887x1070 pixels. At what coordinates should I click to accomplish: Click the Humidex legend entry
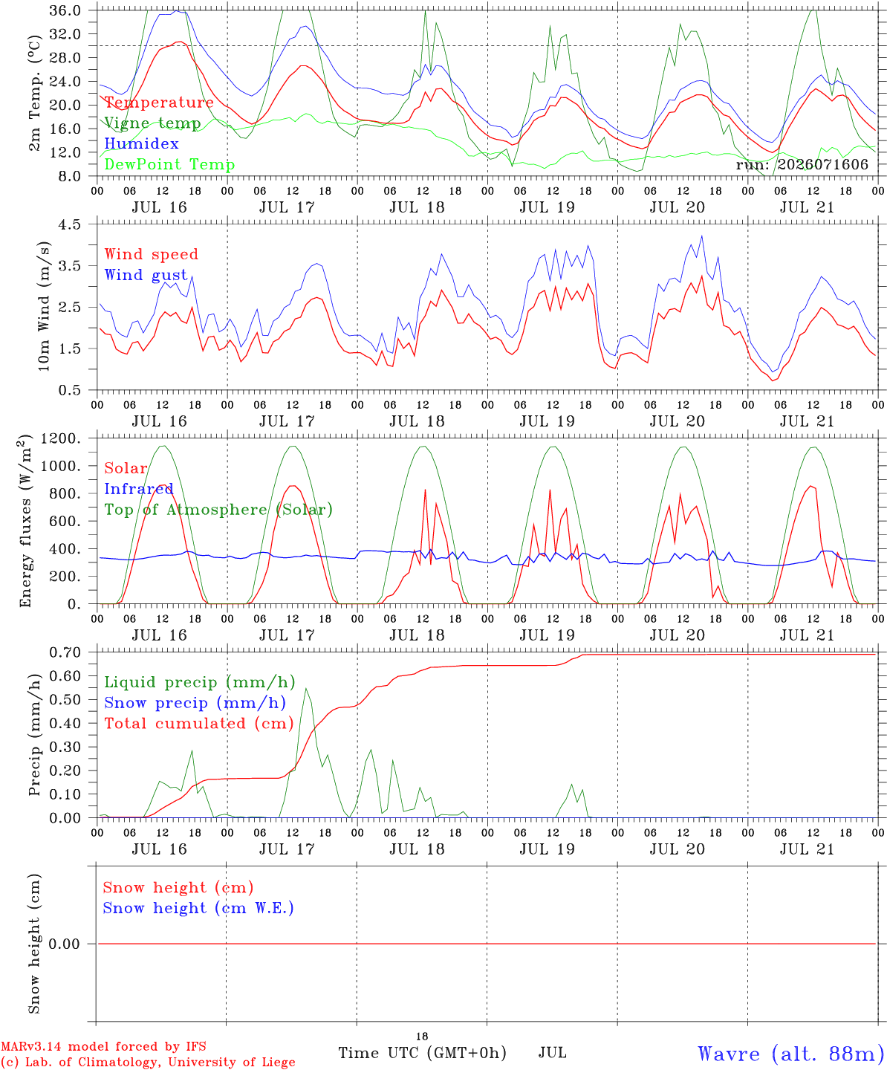141,143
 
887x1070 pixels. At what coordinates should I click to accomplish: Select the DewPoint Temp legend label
169,164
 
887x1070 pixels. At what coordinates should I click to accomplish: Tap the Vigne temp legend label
153,123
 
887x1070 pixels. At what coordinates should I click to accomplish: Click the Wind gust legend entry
146,275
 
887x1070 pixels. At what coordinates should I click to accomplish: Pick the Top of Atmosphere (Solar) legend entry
219,510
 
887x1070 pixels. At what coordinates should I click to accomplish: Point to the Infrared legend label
139,489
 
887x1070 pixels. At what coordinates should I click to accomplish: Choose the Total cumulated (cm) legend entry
199,723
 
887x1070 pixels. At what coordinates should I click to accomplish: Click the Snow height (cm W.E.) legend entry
198,907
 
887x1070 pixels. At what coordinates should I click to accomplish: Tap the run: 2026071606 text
802,164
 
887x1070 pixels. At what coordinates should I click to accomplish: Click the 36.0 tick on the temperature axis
65,10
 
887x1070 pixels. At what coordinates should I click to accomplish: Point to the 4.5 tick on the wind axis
69,224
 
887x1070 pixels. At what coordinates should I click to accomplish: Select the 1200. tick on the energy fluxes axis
61,438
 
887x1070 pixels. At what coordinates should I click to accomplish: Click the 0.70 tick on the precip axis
65,652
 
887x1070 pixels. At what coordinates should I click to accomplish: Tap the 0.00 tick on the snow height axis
64,944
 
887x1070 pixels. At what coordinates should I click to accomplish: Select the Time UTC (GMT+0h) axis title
422,1053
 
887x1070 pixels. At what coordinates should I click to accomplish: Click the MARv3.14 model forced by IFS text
103,1046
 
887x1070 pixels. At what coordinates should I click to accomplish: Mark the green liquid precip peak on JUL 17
306,689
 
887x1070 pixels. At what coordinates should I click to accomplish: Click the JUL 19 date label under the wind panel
547,421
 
